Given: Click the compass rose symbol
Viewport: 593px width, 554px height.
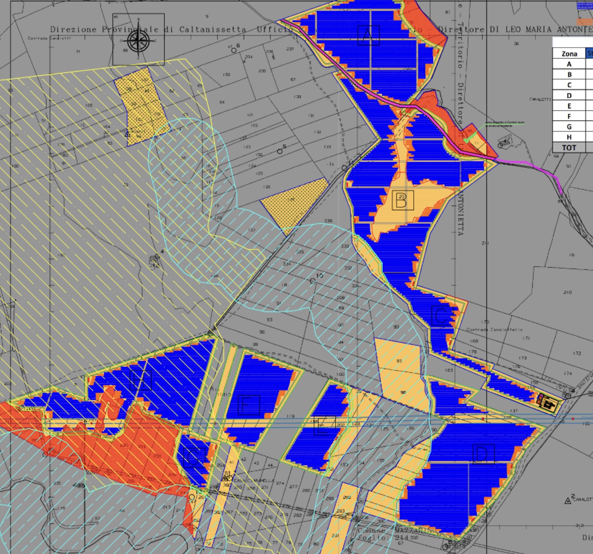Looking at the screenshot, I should click(x=139, y=40).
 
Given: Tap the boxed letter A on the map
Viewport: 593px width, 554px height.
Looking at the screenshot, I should click(x=368, y=35).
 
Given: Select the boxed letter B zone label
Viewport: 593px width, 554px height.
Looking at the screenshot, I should click(x=402, y=200).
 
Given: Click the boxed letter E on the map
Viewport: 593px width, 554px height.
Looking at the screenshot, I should click(x=324, y=425).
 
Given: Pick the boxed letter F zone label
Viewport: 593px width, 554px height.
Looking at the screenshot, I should click(x=249, y=405).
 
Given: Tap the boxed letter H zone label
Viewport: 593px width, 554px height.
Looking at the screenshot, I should click(x=141, y=380).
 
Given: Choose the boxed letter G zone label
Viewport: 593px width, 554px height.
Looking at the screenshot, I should click(x=194, y=456).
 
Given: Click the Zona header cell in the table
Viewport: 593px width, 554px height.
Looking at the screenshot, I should click(x=569, y=54).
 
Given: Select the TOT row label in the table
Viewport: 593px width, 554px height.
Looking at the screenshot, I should click(x=569, y=148).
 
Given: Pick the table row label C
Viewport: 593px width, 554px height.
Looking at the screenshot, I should click(x=569, y=85).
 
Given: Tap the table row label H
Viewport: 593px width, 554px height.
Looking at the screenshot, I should click(x=569, y=137).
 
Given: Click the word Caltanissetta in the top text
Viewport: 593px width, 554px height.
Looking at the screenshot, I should click(x=212, y=29).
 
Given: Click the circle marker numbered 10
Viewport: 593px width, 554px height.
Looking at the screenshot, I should click(x=313, y=281).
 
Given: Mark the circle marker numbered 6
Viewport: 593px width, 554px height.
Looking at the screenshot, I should click(x=234, y=50).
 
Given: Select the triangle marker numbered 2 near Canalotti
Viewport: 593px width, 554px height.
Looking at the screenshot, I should click(x=568, y=501).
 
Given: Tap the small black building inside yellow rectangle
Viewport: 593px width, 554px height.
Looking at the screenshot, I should click(x=548, y=404).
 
